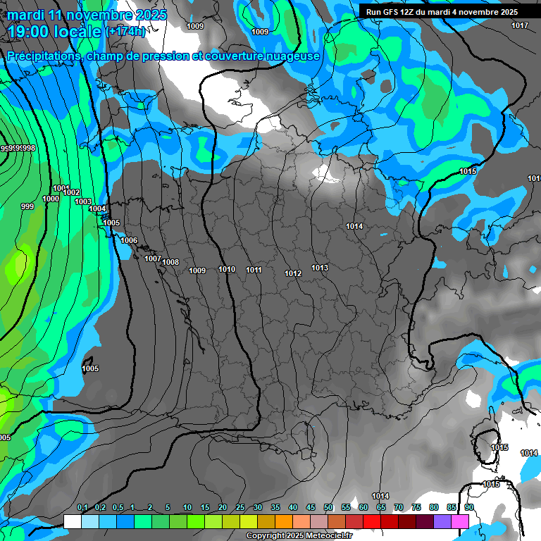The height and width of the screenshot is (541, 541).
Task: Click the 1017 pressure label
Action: tap(520, 26)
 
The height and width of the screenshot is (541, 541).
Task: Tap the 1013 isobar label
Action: tap(320, 268)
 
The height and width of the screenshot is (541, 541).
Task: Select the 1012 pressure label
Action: tap(293, 273)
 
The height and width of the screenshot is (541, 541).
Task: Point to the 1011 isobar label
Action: tap(254, 270)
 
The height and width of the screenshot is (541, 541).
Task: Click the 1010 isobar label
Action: tap(227, 269)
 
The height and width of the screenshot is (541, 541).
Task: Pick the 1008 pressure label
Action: tap(170, 263)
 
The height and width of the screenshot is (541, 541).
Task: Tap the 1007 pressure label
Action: tap(153, 259)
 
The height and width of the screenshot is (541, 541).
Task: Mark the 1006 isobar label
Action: tap(129, 241)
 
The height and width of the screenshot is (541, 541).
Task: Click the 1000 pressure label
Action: tap(51, 199)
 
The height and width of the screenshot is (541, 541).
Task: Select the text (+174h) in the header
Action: tap(125, 31)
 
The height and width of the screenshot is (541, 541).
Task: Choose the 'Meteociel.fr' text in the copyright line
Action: tap(321, 536)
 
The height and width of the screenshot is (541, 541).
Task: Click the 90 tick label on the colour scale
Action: tap(469, 508)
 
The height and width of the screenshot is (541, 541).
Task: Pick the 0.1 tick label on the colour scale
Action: tap(82, 508)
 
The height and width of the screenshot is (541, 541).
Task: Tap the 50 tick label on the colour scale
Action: tap(328, 508)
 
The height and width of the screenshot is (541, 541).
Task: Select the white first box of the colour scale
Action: tap(72, 521)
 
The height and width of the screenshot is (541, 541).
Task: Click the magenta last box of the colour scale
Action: tap(460, 521)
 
